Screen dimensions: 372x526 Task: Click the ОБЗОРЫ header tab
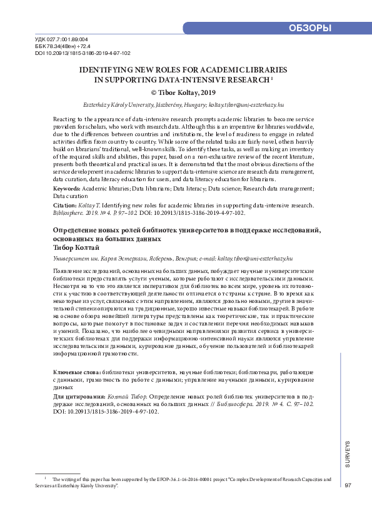point(310,28)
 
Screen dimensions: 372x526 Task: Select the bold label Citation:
point(66,204)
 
